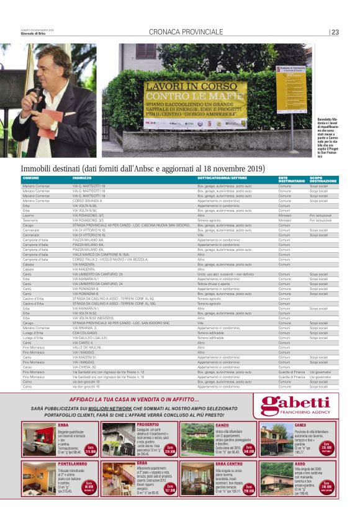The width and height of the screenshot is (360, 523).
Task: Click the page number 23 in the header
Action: click(x=335, y=32)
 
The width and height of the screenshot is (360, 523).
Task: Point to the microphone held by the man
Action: click(x=37, y=93)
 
